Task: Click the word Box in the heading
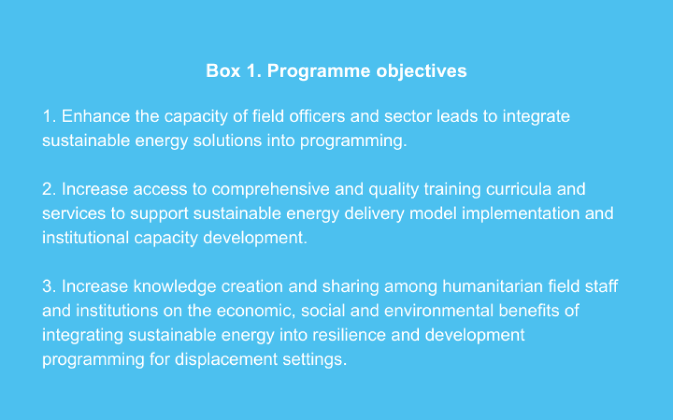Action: pyautogui.click(x=220, y=71)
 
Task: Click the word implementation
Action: pyautogui.click(x=518, y=213)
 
